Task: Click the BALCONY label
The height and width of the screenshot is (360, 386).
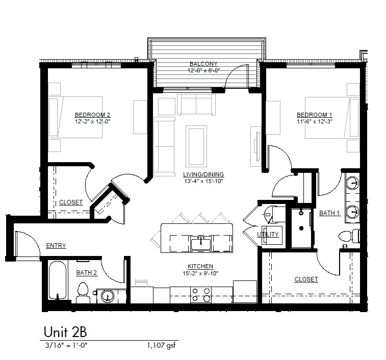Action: [203, 64]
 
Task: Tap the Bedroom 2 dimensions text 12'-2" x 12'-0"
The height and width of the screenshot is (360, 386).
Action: [93, 121]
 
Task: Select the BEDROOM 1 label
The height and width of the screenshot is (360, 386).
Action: [315, 115]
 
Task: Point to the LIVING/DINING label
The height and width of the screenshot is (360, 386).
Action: [203, 174]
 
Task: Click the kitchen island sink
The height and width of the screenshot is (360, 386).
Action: [201, 243]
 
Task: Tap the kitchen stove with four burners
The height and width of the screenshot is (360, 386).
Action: [201, 295]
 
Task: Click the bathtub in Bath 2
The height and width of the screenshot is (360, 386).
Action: [58, 280]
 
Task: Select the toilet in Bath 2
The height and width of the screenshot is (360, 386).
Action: [83, 293]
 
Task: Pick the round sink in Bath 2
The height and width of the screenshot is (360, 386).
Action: [108, 296]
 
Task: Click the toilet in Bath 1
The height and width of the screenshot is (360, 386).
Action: [349, 237]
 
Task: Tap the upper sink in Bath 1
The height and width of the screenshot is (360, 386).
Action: [352, 183]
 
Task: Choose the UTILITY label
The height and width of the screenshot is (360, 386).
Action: [268, 235]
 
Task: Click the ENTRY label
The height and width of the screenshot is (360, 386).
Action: [56, 245]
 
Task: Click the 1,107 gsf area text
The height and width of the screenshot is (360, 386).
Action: [162, 346]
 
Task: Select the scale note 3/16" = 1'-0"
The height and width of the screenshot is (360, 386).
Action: [66, 345]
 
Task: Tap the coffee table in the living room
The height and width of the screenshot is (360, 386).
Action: [196, 146]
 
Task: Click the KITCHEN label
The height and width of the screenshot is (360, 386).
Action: [200, 266]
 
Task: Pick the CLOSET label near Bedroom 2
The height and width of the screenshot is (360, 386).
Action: [71, 202]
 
